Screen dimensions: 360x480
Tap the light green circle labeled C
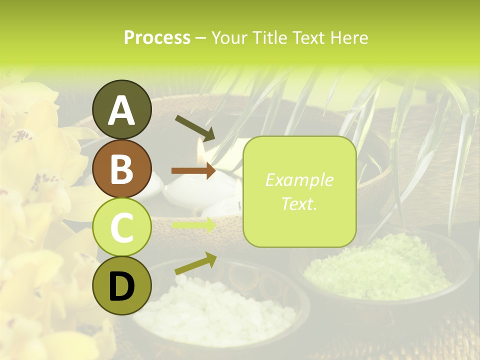tap(121, 227)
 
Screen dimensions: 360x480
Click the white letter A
tap(121, 110)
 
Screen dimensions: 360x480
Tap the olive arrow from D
tap(195, 263)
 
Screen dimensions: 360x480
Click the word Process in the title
tap(157, 37)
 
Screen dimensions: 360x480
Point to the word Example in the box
tap(299, 180)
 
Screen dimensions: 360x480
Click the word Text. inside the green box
tap(299, 203)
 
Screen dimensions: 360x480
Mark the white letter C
tap(121, 227)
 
